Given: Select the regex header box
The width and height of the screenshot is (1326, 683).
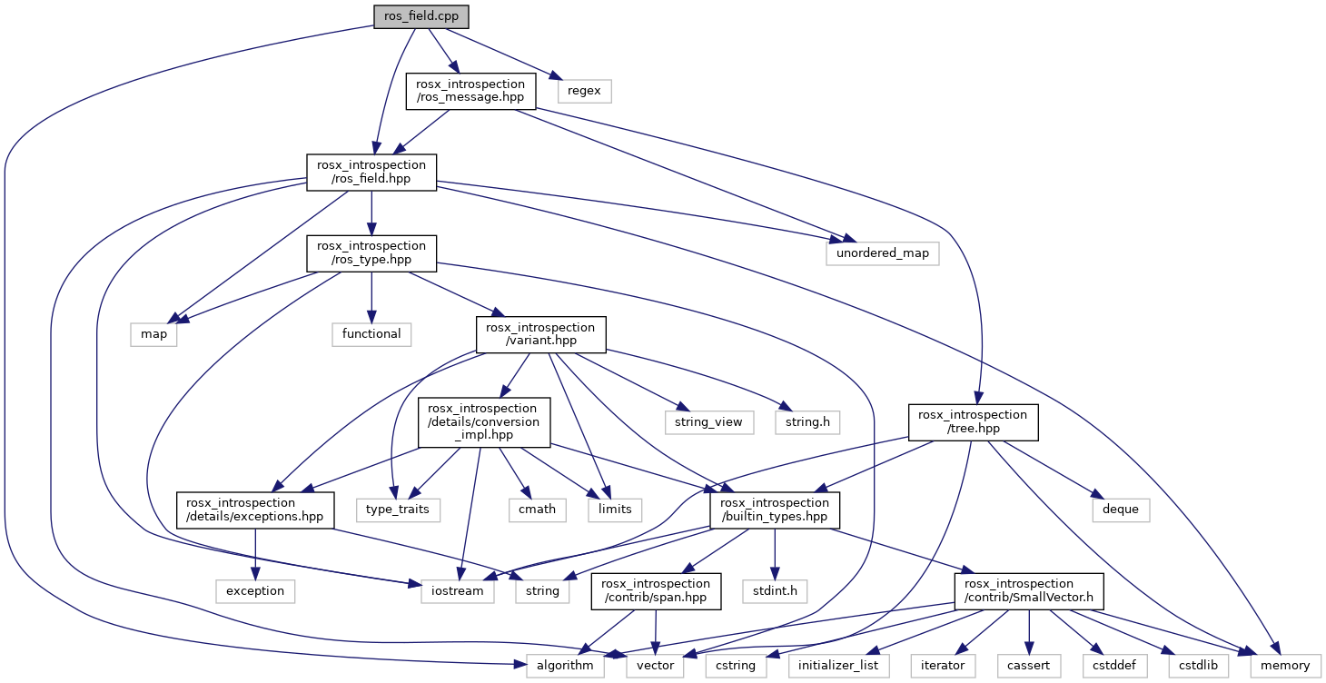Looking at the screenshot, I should pyautogui.click(x=585, y=91).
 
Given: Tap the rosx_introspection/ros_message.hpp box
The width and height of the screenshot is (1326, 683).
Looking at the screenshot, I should pyautogui.click(x=470, y=91).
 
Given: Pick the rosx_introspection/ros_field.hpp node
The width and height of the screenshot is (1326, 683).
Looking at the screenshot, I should pyautogui.click(x=370, y=173).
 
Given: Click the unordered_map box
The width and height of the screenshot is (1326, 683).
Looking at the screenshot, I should pyautogui.click(x=882, y=252).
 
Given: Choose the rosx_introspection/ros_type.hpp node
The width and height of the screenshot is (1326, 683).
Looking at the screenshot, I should pyautogui.click(x=370, y=252).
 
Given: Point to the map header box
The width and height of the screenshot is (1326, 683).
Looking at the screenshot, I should pyautogui.click(x=153, y=333).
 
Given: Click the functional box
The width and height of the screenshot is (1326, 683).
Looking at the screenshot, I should pyautogui.click(x=371, y=333).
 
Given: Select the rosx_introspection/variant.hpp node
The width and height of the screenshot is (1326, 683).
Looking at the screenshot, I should pyautogui.click(x=540, y=333).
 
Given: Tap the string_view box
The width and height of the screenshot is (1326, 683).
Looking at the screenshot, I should pyautogui.click(x=709, y=421).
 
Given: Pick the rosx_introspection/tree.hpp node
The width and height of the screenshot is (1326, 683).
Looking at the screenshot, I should pyautogui.click(x=973, y=421).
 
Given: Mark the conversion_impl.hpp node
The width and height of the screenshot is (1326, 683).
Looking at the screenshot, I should pyautogui.click(x=483, y=421).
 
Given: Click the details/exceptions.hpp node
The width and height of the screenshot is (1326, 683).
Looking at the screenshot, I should pyautogui.click(x=255, y=510).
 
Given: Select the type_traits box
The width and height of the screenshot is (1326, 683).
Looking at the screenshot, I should pyautogui.click(x=398, y=509).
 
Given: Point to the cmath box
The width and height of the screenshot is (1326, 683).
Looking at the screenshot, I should pyautogui.click(x=537, y=509).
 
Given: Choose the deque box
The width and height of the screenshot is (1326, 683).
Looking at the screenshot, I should pyautogui.click(x=1120, y=509).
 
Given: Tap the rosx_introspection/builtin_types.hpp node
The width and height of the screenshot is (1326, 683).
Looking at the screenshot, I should pyautogui.click(x=775, y=510).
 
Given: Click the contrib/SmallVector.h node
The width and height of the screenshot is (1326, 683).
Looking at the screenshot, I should pyautogui.click(x=1028, y=590).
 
